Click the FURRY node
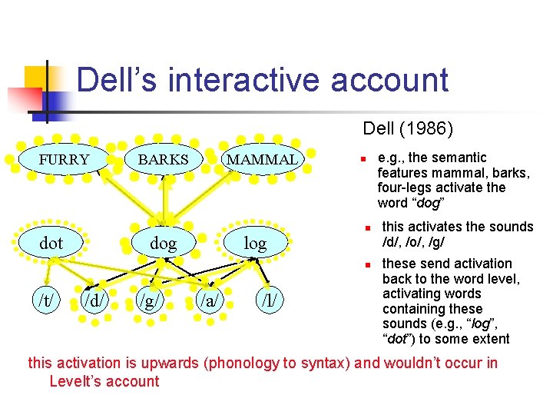tap(65, 160)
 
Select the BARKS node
tap(163, 160)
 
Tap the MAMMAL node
tap(263, 160)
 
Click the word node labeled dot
tap(51, 244)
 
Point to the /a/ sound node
tap(207, 297)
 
